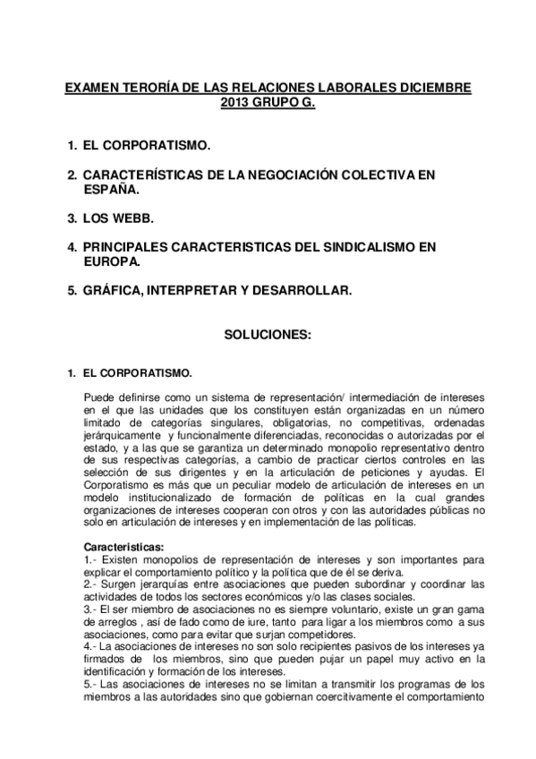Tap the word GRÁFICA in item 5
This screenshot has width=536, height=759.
pyautogui.click(x=114, y=291)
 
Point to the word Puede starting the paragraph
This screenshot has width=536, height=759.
pyautogui.click(x=98, y=397)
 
